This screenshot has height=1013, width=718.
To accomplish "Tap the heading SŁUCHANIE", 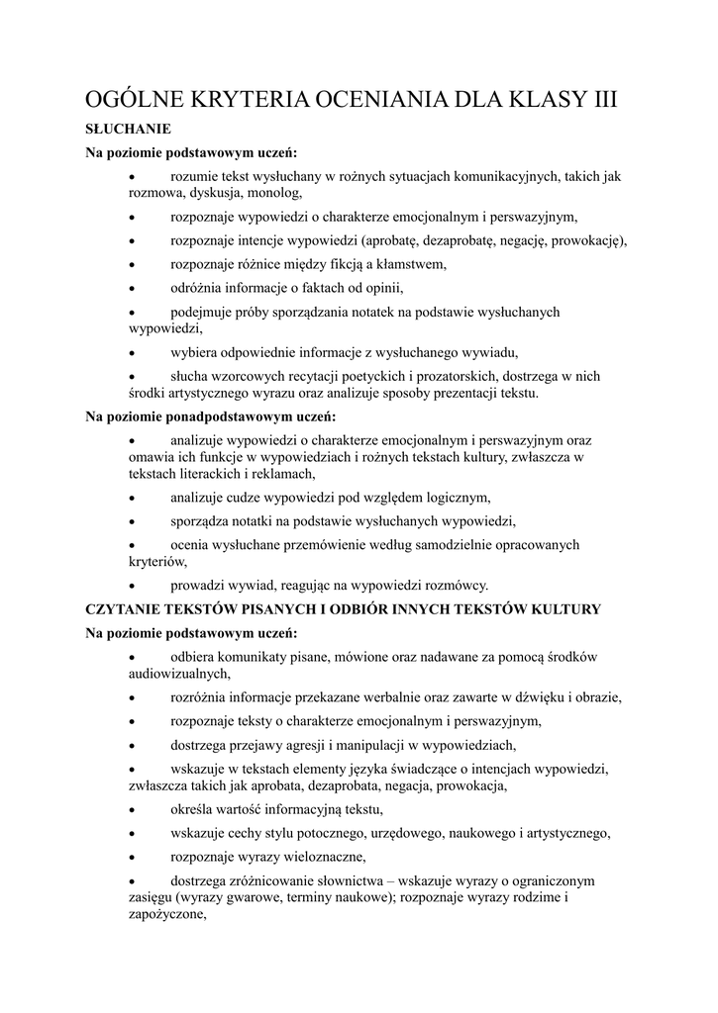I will point(129,129).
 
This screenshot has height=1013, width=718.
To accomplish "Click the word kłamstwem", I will point(409,264).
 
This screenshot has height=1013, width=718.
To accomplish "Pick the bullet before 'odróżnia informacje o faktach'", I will point(134,288).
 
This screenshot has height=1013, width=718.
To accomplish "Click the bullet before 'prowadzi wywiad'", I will point(134,585).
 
